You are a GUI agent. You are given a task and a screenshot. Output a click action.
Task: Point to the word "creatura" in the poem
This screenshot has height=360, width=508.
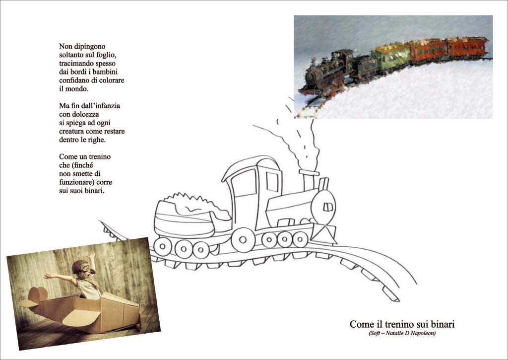click(x=71, y=132)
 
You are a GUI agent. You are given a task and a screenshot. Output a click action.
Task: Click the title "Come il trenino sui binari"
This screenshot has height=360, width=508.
click(x=402, y=324)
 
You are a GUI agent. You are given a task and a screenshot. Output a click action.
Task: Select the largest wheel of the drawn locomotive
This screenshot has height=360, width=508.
click(x=243, y=240)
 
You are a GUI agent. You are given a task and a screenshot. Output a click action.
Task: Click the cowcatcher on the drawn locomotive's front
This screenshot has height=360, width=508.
click(x=323, y=233)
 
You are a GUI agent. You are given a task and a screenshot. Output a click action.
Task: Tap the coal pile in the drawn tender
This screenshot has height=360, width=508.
click(x=194, y=204)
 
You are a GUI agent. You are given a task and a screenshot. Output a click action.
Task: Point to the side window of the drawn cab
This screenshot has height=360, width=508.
click(x=272, y=182)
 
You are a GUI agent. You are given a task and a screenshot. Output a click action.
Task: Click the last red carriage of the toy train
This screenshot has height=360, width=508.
click(x=467, y=47)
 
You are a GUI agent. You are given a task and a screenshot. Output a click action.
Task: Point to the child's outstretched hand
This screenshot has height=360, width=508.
click(x=48, y=276)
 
